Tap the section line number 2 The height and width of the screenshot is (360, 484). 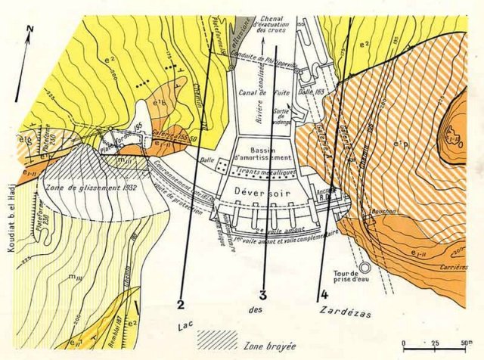180,306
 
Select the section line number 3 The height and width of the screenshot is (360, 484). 263,296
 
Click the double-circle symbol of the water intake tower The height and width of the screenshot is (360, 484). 365,267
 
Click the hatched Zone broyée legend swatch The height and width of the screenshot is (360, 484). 218,342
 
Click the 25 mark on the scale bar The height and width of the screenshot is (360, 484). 435,343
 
